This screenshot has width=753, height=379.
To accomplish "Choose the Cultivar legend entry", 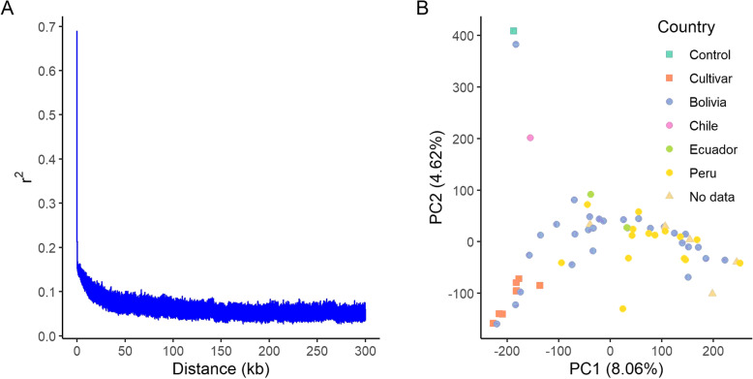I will pos(706,78).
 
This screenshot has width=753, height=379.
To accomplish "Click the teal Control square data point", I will pos(514,31).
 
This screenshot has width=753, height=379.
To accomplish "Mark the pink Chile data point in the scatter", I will pos(530,138).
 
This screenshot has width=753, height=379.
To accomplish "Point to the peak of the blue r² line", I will pos(76,32).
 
